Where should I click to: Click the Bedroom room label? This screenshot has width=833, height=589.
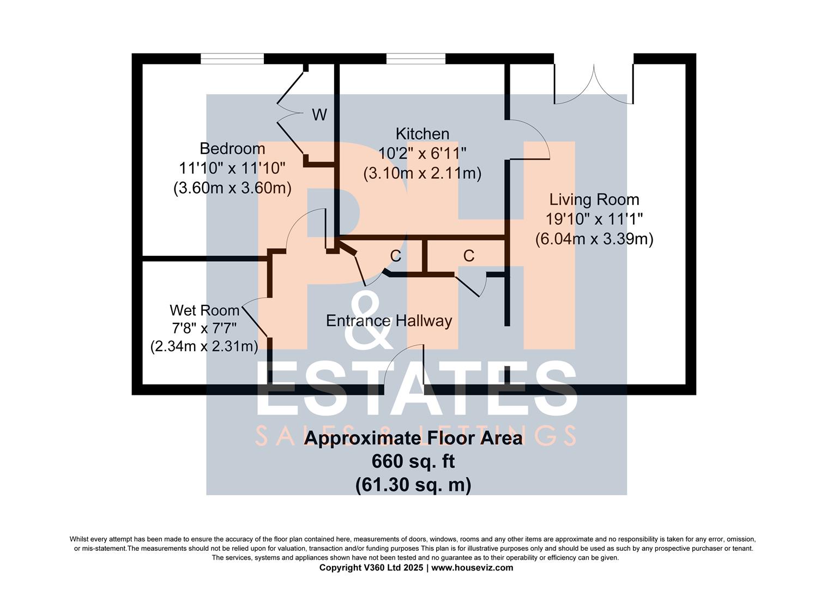tap(232, 149)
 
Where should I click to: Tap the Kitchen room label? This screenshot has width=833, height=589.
tap(422, 134)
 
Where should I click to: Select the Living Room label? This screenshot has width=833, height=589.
tap(594, 200)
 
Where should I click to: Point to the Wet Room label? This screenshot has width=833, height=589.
tap(204, 310)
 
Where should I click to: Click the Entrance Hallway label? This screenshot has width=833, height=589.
tap(389, 321)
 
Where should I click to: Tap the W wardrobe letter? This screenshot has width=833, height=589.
tap(319, 115)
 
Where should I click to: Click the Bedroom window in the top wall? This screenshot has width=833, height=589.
tap(232, 59)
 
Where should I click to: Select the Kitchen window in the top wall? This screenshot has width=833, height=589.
tap(416, 59)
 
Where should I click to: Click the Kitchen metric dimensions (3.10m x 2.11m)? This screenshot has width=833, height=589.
tap(422, 173)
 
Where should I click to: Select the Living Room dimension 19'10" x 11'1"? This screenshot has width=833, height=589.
tap(594, 219)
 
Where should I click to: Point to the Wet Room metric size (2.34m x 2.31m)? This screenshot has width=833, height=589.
tap(204, 346)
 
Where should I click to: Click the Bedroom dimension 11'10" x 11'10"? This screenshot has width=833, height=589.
tap(232, 168)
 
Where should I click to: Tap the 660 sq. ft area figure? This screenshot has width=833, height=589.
tap(413, 462)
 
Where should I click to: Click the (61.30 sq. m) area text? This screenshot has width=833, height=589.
tap(413, 484)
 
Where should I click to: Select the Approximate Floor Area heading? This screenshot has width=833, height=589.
tap(413, 438)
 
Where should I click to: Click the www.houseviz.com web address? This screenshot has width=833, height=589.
tap(472, 567)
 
